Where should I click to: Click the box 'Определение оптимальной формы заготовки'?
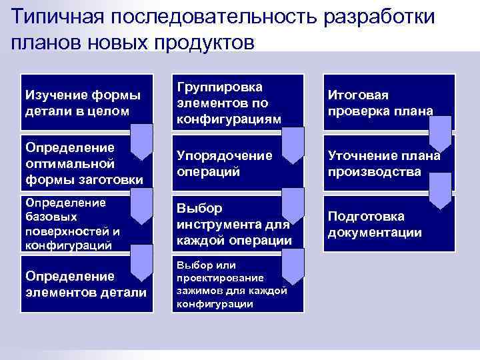(x=73, y=163)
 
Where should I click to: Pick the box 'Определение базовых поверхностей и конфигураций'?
(x=73, y=223)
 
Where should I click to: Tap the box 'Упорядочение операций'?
(x=227, y=163)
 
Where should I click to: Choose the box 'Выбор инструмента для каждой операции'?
(x=227, y=223)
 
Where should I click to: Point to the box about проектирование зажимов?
(x=227, y=283)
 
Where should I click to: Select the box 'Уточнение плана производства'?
(x=383, y=163)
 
